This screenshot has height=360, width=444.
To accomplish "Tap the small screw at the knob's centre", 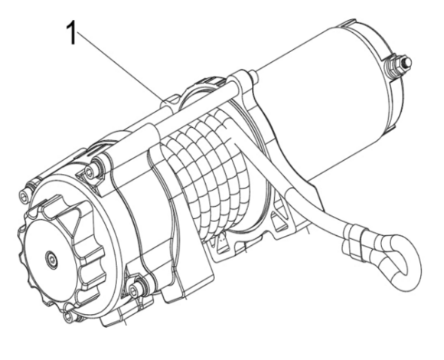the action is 51,258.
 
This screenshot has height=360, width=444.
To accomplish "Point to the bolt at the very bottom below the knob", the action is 69,316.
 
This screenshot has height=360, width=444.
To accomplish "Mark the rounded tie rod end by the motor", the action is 253,77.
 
